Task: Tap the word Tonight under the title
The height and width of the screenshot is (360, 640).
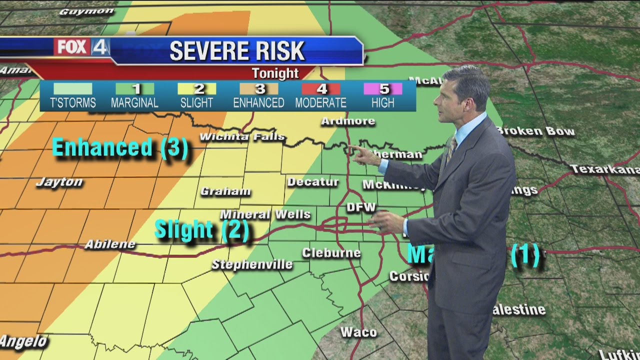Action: coord(275,73)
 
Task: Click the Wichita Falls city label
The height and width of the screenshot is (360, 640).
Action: coord(242,136)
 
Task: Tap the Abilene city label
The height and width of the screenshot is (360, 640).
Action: coord(110,244)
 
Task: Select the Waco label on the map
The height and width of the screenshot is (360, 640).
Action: coord(358,331)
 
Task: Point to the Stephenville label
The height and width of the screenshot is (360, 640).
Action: coord(252,264)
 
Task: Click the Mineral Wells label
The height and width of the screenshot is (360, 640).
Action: coord(265,214)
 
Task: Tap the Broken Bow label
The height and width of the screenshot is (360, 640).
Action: coord(535,131)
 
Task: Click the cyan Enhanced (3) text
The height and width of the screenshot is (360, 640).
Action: coord(120,148)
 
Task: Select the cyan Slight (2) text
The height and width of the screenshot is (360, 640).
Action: coord(201,230)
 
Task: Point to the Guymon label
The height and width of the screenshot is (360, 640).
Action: coord(80,11)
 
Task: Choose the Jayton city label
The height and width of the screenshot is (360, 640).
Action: coord(59,182)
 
